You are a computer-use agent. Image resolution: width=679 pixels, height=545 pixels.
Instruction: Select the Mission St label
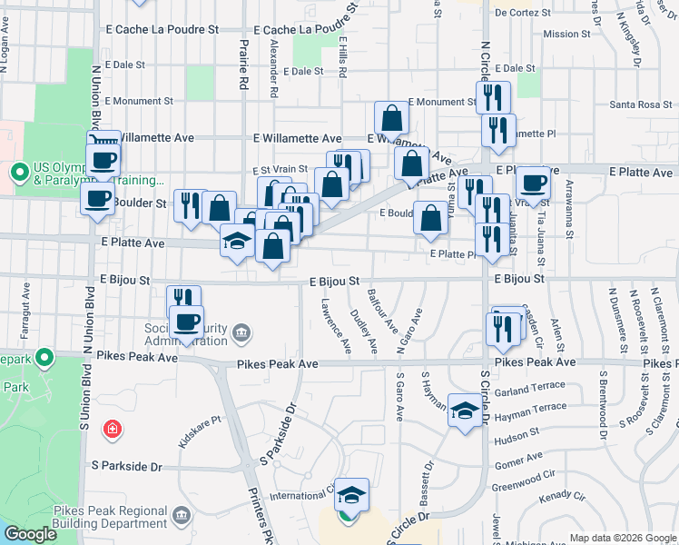pyautogui.click(x=566, y=35)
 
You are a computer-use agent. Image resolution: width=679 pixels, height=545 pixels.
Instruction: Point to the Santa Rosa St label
pyautogui.click(x=640, y=104)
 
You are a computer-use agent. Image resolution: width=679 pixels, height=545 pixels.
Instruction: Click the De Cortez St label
pyautogui.click(x=524, y=14)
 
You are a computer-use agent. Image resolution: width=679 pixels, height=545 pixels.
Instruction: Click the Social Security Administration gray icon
pyautogui.click(x=241, y=333)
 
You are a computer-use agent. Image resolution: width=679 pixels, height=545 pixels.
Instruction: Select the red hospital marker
pyautogui.click(x=113, y=428)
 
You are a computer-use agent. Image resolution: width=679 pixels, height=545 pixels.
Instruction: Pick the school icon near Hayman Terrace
pyautogui.click(x=465, y=411)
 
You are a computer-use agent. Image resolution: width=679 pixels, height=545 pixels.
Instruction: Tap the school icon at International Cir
pyautogui.click(x=351, y=495)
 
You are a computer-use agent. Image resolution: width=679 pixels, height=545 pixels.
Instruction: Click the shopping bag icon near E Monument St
pyautogui.click(x=392, y=118)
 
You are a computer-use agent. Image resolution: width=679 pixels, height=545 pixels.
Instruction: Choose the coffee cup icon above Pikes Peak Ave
pyautogui.click(x=187, y=322)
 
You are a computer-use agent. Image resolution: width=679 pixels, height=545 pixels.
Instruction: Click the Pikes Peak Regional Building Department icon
pyautogui.click(x=182, y=517)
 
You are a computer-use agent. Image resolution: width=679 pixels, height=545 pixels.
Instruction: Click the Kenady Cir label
pyautogui.click(x=562, y=498)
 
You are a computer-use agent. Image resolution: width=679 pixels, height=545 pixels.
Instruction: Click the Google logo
pyautogui.click(x=30, y=534)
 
